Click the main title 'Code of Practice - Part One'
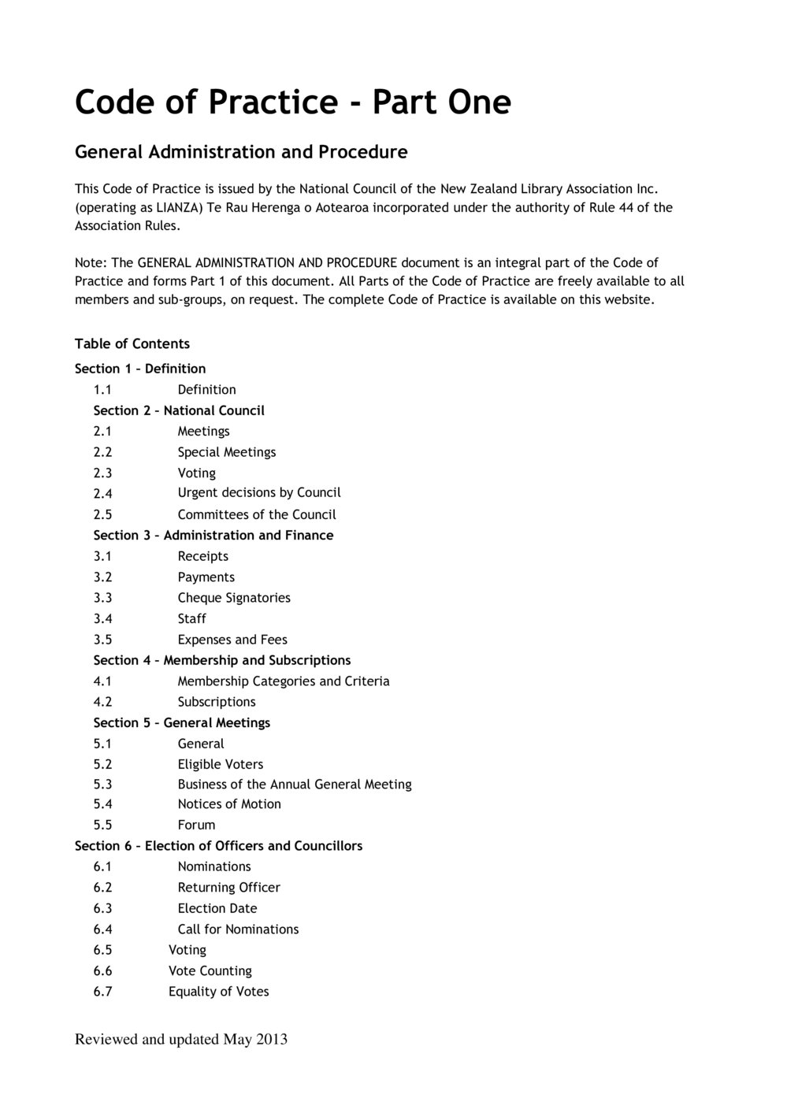[x=292, y=102]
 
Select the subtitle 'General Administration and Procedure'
[x=241, y=151]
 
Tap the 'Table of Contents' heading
[x=132, y=343]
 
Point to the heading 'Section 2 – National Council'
[x=179, y=410]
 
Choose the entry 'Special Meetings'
[x=227, y=452]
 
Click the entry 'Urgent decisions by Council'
[x=259, y=492]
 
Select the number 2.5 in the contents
[x=102, y=514]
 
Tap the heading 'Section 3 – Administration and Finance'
[x=213, y=535]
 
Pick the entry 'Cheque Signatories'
[x=234, y=598]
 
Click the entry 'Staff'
[x=191, y=618]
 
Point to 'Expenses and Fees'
[x=232, y=640]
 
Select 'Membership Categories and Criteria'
[x=284, y=681]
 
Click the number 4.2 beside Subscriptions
[x=102, y=702]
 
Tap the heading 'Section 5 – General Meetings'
[x=182, y=722]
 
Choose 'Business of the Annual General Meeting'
[x=295, y=785]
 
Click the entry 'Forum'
[x=196, y=825]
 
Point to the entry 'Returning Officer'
[x=229, y=887]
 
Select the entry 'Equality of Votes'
[x=219, y=992]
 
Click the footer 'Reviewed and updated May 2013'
[x=181, y=1040]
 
